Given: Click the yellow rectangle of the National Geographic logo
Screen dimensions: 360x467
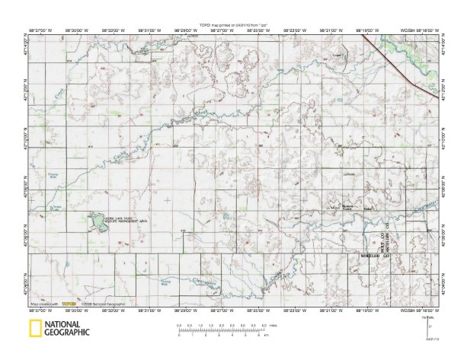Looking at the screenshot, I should click(34, 329).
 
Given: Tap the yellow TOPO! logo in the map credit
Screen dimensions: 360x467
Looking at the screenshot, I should click(69, 304).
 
